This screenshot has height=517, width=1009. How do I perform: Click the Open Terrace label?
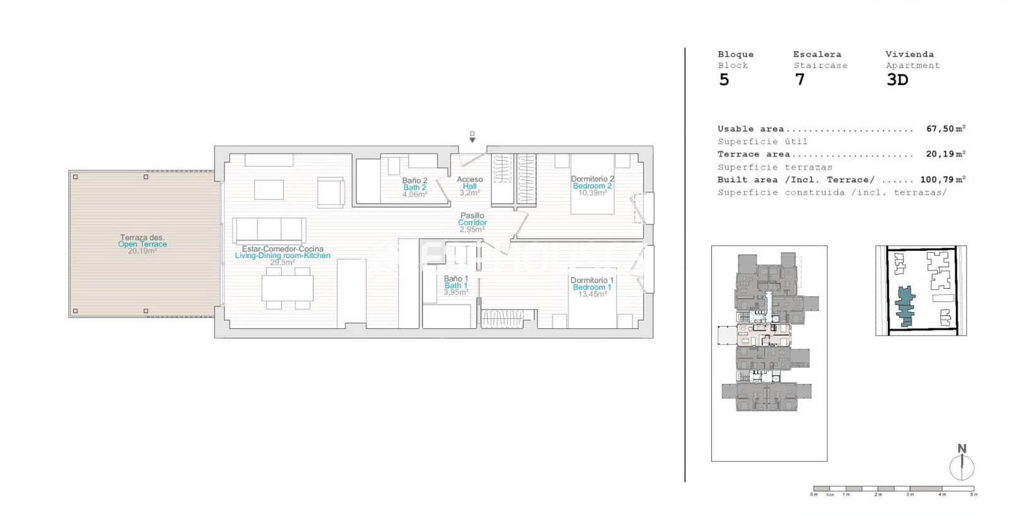(x=143, y=244)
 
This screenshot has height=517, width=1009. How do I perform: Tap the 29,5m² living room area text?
(x=283, y=262)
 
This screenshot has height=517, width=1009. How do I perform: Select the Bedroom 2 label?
(x=592, y=186)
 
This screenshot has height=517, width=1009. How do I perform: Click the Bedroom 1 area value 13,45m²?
(x=592, y=294)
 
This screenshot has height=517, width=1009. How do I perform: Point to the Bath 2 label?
(x=415, y=187)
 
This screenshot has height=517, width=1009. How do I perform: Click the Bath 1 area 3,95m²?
(x=456, y=293)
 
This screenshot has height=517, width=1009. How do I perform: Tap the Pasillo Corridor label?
(x=472, y=219)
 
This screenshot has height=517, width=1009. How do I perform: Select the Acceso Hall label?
(x=470, y=183)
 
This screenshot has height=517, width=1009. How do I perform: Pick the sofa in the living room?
(x=269, y=230)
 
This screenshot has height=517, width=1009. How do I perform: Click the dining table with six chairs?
(x=288, y=288)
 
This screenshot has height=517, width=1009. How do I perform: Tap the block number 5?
(x=724, y=80)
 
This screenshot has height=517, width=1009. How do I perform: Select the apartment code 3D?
(x=897, y=80)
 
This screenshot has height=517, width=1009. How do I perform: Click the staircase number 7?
(x=800, y=80)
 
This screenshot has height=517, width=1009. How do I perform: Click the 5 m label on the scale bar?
(x=974, y=495)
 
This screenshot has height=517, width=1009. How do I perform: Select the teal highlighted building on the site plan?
(x=906, y=306)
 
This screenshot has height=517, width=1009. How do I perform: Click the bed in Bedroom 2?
(x=592, y=184)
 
